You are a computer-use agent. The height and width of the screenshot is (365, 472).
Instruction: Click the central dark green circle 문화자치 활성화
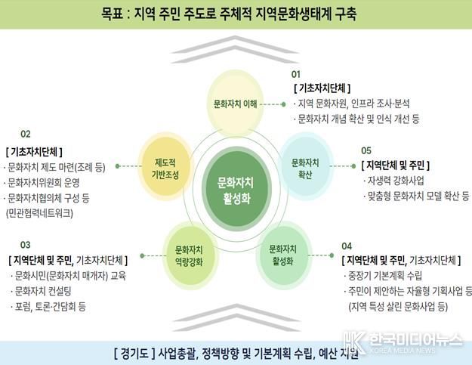tap(236, 189)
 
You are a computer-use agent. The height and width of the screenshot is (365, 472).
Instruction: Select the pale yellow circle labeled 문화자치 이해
tap(236, 103)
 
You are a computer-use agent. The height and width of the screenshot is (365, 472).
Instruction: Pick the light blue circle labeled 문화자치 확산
tap(305, 166)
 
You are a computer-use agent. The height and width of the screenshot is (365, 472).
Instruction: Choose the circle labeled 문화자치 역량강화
tap(190, 255)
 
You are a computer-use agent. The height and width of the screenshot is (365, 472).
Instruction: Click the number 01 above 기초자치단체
tap(296, 74)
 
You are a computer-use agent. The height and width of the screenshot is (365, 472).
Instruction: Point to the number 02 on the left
tap(26, 134)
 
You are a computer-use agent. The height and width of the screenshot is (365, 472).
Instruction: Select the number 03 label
tap(25, 245)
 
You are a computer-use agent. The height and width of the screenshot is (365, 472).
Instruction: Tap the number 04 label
tap(347, 246)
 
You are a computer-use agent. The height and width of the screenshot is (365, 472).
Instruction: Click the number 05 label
tap(366, 150)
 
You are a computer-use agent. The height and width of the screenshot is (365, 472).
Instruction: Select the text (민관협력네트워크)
tap(39, 214)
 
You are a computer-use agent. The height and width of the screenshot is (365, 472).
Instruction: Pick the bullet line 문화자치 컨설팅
tap(41, 291)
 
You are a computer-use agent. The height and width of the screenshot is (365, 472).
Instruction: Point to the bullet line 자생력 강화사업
tap(393, 181)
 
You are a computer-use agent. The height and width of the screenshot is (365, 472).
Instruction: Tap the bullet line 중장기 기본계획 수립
tap(383, 276)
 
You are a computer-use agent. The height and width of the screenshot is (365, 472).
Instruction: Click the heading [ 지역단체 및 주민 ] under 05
tap(396, 165)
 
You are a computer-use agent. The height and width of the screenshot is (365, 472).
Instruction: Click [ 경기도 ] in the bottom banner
tap(134, 353)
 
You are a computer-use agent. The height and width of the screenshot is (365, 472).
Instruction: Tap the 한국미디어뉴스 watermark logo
tap(403, 342)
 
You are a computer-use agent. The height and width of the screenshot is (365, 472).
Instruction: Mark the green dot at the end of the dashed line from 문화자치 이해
tap(283, 104)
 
